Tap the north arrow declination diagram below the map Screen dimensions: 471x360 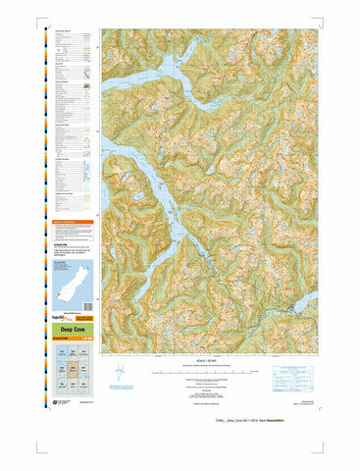coord(120,374)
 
